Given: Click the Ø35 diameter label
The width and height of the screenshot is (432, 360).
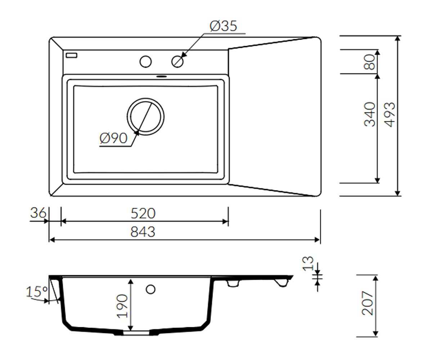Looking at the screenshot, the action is [223, 26].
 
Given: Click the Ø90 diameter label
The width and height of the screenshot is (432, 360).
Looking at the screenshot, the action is [113, 138].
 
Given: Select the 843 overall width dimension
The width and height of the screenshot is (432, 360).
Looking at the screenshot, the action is [143, 232].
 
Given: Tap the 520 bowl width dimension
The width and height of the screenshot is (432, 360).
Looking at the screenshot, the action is [143, 213].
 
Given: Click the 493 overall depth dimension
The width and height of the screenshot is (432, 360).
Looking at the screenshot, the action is [390, 114].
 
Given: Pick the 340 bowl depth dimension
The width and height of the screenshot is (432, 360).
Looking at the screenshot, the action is [370, 114].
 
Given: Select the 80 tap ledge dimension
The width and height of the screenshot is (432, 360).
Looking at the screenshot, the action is [370, 62].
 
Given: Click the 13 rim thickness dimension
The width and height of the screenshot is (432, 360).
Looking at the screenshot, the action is [308, 264].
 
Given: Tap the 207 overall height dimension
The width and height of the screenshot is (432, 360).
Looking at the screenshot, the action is [367, 303].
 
